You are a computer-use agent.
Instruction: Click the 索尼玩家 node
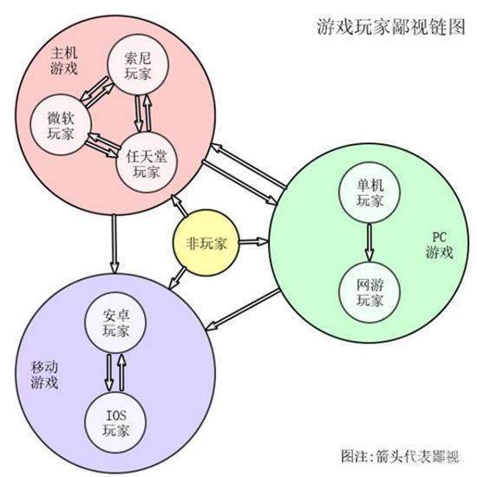[x=137, y=67]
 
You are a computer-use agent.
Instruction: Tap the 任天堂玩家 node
[x=147, y=161]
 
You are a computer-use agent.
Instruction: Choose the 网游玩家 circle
[x=369, y=291]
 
